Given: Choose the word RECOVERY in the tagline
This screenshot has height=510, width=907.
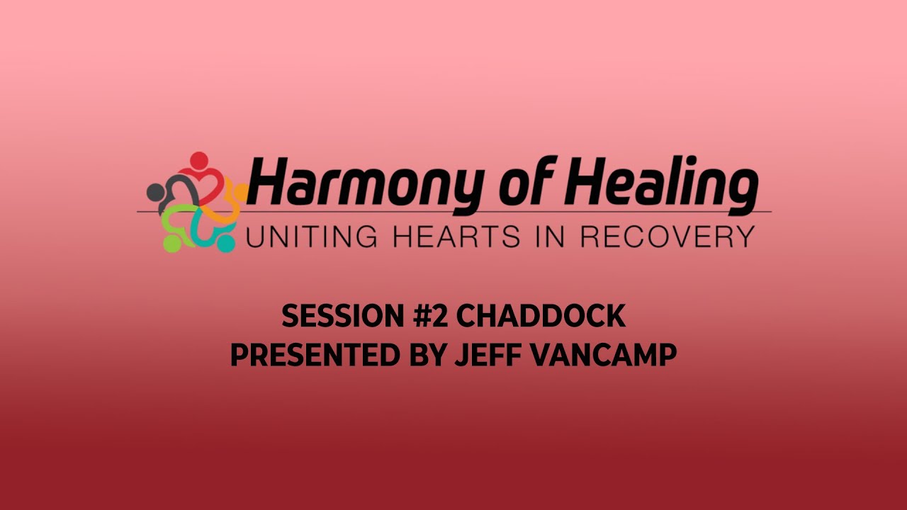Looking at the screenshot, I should [x=666, y=237].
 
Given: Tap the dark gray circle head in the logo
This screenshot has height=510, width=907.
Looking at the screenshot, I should [x=155, y=191].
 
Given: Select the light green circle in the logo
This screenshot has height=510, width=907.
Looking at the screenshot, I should [x=171, y=244].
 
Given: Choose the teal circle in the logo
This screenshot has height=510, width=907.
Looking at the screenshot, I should [x=225, y=244].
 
